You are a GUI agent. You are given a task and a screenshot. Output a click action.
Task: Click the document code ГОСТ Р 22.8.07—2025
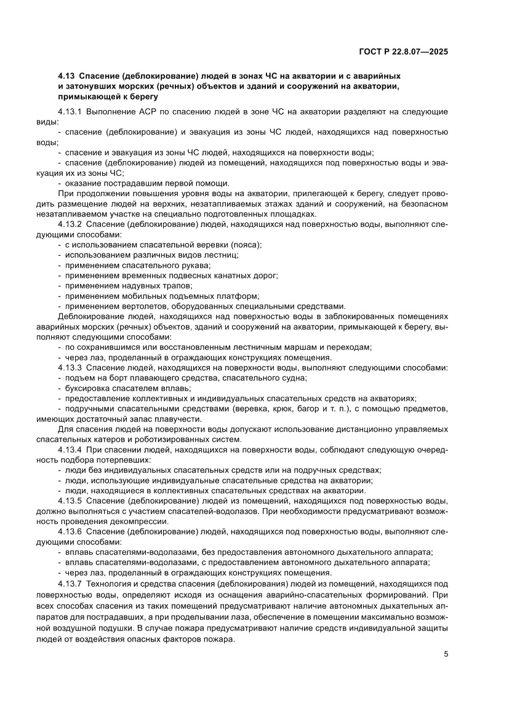click(x=403, y=52)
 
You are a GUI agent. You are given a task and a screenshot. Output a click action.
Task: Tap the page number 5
click(x=446, y=654)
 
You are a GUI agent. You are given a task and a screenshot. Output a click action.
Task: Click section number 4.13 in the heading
click(x=66, y=75)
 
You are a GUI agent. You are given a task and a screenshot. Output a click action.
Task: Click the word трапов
click(x=178, y=285)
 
